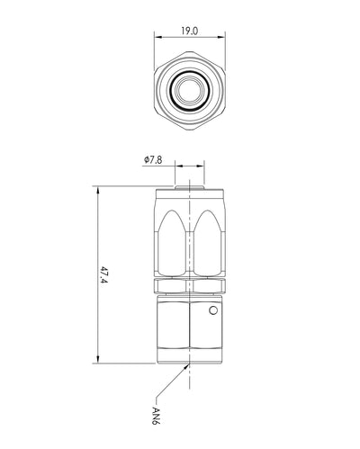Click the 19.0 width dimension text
click(190, 31)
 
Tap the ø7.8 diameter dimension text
click(153, 160)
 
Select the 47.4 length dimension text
click(103, 275)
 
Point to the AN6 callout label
click(157, 416)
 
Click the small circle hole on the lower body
click(212, 310)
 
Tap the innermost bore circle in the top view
click(190, 89)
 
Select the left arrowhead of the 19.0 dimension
click(157, 37)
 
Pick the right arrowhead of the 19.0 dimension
click(221, 37)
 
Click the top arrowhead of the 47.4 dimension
click(97, 190)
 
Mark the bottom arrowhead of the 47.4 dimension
click(97, 359)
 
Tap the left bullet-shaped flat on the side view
click(172, 243)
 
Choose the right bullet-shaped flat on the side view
click(208, 243)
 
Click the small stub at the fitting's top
click(190, 187)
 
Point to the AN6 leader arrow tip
click(189, 364)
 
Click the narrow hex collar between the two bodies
click(190, 286)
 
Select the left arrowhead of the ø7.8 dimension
click(178, 166)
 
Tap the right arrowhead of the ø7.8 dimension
click(201, 166)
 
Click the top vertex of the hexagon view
click(190, 51)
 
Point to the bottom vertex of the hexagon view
click(190, 130)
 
